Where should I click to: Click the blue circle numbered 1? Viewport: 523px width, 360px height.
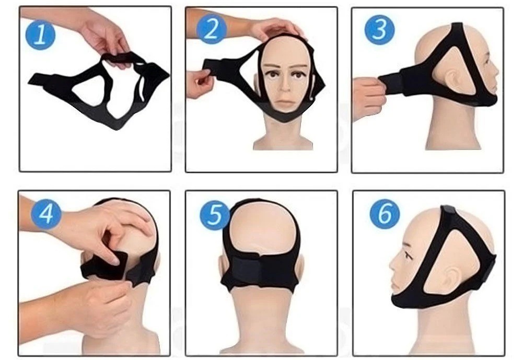click(40, 34)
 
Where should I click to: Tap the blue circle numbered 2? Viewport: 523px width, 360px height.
click(211, 29)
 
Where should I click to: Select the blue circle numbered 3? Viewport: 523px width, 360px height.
click(379, 30)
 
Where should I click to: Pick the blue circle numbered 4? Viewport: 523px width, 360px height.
click(46, 213)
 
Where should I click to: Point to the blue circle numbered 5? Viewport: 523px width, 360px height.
click(214, 215)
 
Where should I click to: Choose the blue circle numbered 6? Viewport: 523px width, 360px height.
click(385, 214)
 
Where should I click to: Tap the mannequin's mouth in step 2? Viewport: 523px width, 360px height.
click(285, 101)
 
